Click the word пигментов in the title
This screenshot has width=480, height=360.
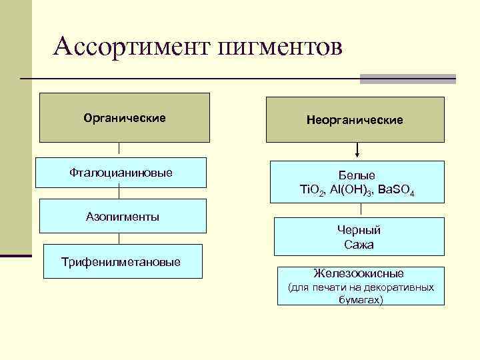(x=279, y=48)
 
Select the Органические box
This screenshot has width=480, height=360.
(x=125, y=118)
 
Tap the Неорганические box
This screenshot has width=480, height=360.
(x=355, y=120)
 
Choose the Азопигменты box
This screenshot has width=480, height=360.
(x=122, y=217)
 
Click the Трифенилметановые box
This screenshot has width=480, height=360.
(x=121, y=261)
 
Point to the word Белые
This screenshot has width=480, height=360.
(x=357, y=175)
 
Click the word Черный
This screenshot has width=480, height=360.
(x=359, y=230)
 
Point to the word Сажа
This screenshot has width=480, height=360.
(x=359, y=245)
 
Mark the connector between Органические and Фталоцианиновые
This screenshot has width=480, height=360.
(x=119, y=151)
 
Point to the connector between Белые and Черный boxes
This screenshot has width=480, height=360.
(x=361, y=210)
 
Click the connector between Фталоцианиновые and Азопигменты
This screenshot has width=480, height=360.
(x=119, y=193)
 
